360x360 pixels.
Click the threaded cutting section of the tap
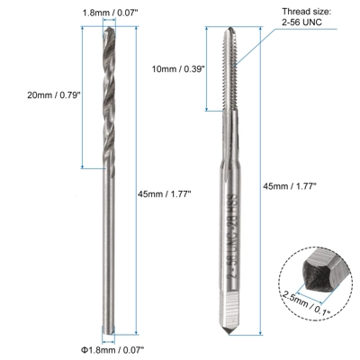click(221, 81)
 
